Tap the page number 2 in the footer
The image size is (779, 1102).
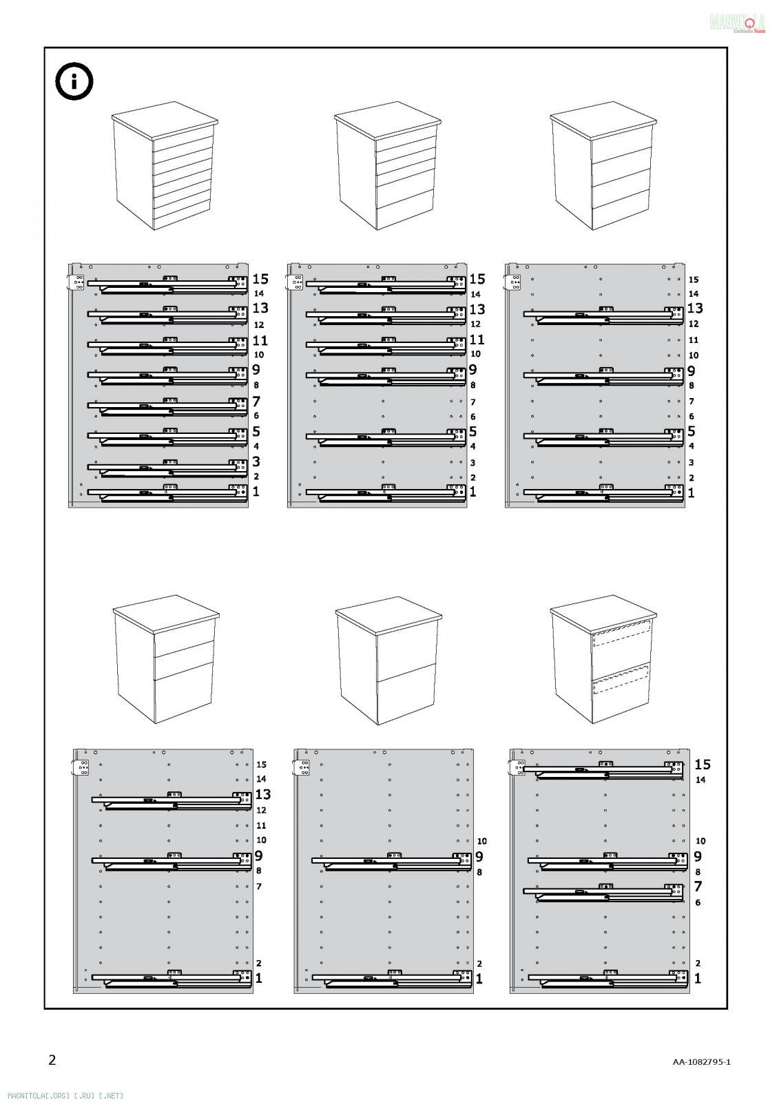[x=52, y=1059]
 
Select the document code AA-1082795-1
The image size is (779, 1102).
[x=702, y=1061]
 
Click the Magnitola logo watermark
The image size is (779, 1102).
[x=738, y=23]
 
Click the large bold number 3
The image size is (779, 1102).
[x=256, y=461]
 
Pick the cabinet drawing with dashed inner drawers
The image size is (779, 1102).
[x=602, y=661]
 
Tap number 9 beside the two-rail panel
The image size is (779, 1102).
[x=479, y=856]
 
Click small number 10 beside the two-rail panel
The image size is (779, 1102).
[x=481, y=841]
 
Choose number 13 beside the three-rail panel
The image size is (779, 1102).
[x=263, y=795]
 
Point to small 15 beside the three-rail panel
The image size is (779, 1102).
[x=261, y=765]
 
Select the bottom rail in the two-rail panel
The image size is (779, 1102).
[x=386, y=979]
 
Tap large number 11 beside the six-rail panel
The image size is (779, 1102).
[x=477, y=340]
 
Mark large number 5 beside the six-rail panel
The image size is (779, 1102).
[x=473, y=432]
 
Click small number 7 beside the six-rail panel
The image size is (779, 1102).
[x=473, y=402]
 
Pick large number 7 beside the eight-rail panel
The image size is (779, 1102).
[x=256, y=401]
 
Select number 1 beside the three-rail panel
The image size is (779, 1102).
[x=259, y=978]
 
